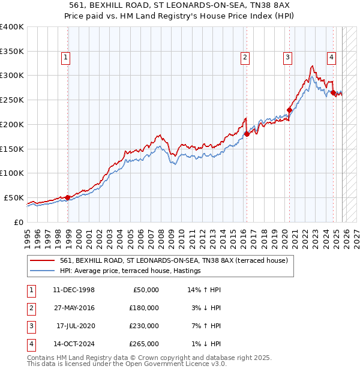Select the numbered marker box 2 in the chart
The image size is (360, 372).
[x=245, y=58]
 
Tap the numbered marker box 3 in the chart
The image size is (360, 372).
[x=288, y=58]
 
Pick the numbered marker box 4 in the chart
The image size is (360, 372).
[x=331, y=58]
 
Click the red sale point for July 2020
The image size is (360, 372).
[x=289, y=110]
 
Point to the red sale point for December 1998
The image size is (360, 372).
[x=68, y=197]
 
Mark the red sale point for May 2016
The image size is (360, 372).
[x=247, y=134]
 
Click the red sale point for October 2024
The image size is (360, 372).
[x=333, y=93]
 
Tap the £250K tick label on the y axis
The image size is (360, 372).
[x=12, y=100]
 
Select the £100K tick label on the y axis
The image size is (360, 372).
[x=12, y=173]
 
